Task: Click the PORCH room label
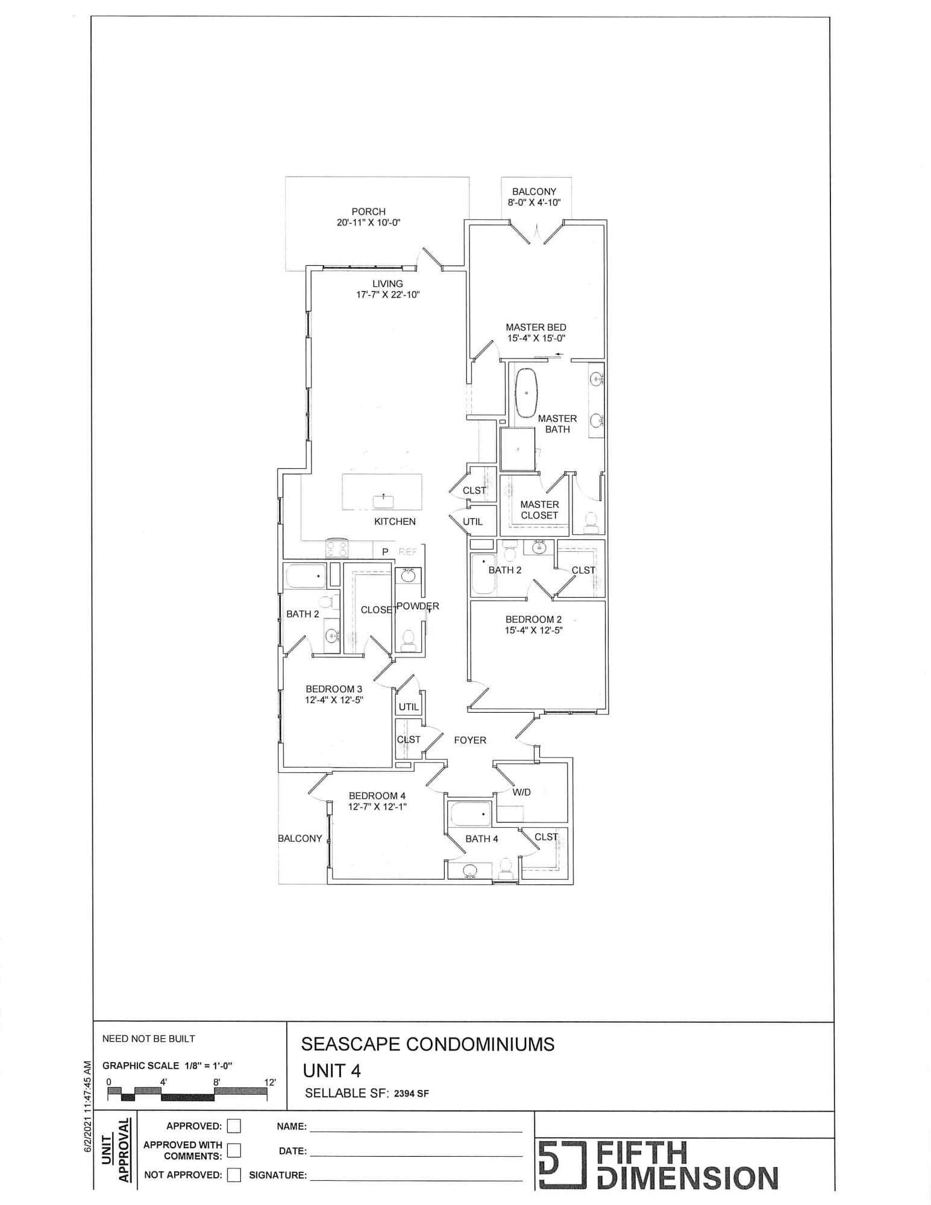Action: [x=368, y=211]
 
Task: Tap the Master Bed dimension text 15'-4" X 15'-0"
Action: [x=536, y=339]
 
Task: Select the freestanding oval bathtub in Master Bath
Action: [x=527, y=392]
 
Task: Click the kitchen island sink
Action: [x=383, y=501]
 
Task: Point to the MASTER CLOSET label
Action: [x=539, y=510]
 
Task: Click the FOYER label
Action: [x=470, y=740]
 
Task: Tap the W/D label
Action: [x=522, y=792]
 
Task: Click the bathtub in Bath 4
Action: [x=471, y=815]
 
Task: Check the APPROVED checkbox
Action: [x=234, y=1126]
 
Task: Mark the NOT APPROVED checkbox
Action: [x=234, y=1175]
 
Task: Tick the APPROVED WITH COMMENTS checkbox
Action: [x=234, y=1150]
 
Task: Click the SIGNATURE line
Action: [x=416, y=1176]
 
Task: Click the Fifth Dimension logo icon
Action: [x=561, y=1164]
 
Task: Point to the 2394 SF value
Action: [x=412, y=1094]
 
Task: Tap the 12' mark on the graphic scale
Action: [x=270, y=1082]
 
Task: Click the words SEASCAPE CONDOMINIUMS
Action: [x=428, y=1044]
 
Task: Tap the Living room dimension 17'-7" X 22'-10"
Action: [x=387, y=295]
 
